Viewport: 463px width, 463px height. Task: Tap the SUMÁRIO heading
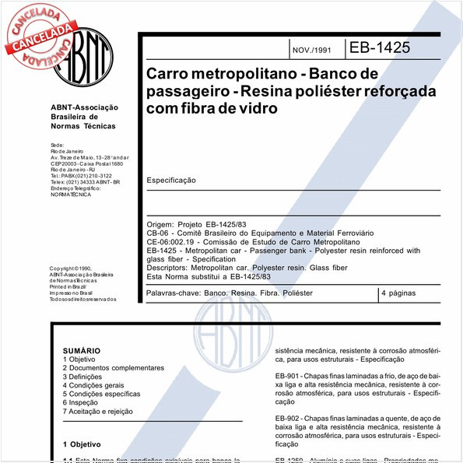click(82, 351)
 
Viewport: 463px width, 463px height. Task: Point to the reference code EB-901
click(288, 376)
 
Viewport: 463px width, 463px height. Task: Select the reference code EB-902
click(288, 419)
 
